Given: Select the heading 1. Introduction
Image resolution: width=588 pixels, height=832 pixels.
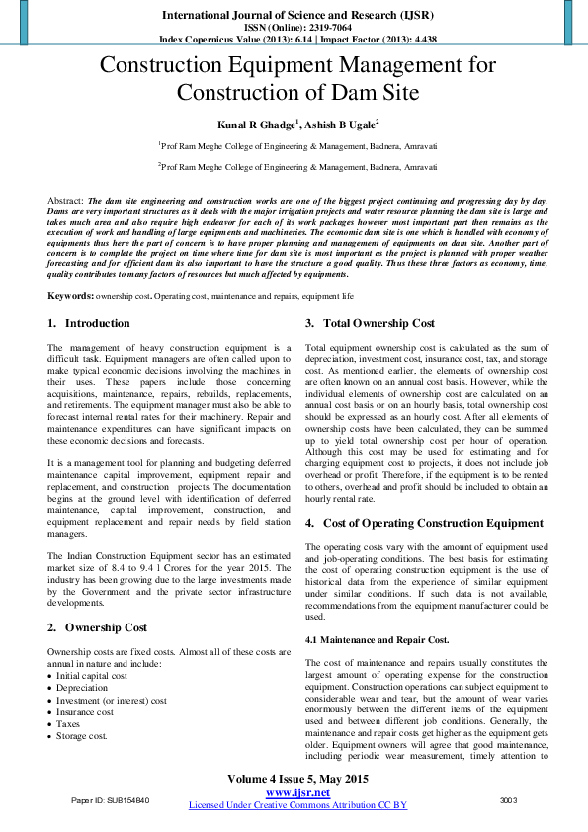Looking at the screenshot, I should [x=89, y=323].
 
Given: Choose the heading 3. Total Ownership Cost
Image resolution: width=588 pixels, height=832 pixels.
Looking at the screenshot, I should [x=370, y=323].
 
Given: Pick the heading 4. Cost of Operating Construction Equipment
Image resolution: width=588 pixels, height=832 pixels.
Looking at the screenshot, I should [x=424, y=523].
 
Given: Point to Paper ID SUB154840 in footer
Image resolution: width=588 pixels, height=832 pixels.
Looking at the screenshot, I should [x=110, y=798].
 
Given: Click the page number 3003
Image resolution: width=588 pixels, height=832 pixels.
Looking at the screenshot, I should [x=509, y=798].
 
